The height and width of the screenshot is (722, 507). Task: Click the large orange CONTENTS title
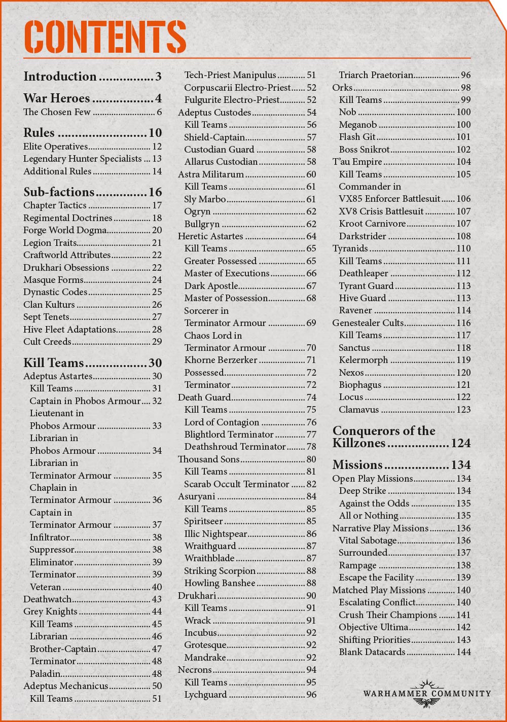point(105,37)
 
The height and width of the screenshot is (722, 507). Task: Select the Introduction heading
point(60,77)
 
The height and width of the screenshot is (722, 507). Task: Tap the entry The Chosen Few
point(57,112)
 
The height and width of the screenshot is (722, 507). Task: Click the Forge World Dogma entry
point(65,230)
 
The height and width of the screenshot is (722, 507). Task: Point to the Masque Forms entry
point(53,280)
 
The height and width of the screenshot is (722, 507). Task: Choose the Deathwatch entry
point(47,599)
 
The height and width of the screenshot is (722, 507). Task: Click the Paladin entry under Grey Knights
point(45,674)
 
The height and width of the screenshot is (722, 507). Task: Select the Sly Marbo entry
point(205,199)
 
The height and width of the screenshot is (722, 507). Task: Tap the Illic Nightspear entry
point(215,534)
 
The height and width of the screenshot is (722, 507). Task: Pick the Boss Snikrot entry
point(364,150)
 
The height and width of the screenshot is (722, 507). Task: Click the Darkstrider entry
point(363,236)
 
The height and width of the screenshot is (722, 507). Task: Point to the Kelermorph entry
point(363,360)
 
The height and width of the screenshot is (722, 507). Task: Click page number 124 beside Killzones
point(460,444)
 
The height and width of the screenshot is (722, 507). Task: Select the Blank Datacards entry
point(372,652)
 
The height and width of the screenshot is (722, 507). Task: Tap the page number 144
point(463,652)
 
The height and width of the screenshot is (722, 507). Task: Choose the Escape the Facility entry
point(376,577)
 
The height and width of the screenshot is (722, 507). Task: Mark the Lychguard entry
point(205,695)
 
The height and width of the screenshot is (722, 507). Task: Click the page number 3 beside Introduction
point(158,77)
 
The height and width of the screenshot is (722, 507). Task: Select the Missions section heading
point(357,465)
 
